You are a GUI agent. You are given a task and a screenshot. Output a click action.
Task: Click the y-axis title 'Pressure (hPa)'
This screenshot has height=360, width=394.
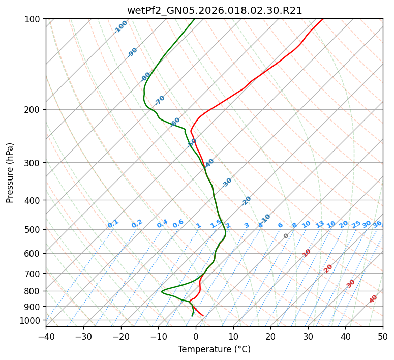(10, 173)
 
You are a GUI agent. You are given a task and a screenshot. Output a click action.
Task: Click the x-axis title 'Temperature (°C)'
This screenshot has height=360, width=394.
(215, 350)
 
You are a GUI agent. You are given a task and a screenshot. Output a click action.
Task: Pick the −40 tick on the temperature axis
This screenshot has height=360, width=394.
(46, 337)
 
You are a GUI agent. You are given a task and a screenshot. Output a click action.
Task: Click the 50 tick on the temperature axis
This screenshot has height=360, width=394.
(383, 337)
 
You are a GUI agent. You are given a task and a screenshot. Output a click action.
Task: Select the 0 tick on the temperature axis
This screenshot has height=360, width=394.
(196, 337)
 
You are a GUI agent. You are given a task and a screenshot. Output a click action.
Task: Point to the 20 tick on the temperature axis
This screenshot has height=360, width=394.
(270, 337)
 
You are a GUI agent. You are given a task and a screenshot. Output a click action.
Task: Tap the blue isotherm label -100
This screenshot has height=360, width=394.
(120, 27)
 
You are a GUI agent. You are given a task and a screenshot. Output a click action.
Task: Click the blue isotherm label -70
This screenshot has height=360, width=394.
(160, 100)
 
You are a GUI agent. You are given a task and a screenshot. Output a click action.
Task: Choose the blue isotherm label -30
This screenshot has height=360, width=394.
(227, 183)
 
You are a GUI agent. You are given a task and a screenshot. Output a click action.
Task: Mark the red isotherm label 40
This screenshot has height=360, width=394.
(373, 299)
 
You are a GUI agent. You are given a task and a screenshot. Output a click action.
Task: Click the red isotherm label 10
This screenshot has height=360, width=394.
(307, 253)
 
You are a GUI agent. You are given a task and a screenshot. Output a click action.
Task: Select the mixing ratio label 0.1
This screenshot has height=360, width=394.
(113, 224)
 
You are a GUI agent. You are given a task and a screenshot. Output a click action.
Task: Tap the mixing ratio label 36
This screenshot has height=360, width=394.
(377, 224)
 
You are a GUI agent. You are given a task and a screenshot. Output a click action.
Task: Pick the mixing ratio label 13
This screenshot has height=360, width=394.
(320, 224)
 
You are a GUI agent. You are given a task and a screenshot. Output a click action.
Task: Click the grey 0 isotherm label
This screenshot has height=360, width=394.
(286, 236)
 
